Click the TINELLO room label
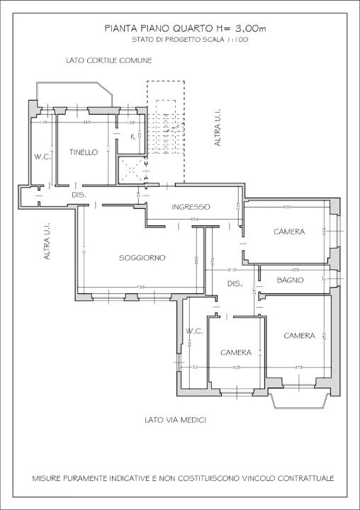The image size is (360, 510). [x=84, y=152]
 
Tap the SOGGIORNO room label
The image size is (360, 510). [x=142, y=258]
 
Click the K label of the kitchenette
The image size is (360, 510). [x=133, y=137]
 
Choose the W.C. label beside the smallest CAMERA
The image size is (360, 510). [x=195, y=331]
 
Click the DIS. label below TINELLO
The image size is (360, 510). [x=79, y=195]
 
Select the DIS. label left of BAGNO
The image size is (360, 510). [x=235, y=283]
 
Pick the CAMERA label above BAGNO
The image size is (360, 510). [x=289, y=232]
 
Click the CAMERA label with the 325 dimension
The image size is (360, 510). [x=236, y=352]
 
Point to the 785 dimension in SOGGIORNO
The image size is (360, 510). [x=140, y=287]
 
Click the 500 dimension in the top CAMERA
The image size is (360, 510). [x=287, y=207]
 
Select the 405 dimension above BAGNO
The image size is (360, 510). [x=296, y=270]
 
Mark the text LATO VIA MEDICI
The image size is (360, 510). [x=174, y=420]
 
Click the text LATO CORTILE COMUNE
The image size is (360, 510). [x=108, y=61]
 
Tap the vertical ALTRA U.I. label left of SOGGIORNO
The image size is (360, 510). [x=47, y=242]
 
